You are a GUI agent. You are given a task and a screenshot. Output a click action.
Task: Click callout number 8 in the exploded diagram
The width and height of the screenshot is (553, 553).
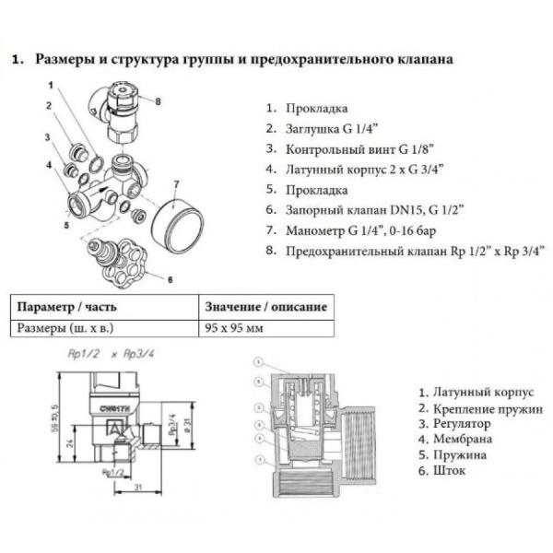[158, 100]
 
